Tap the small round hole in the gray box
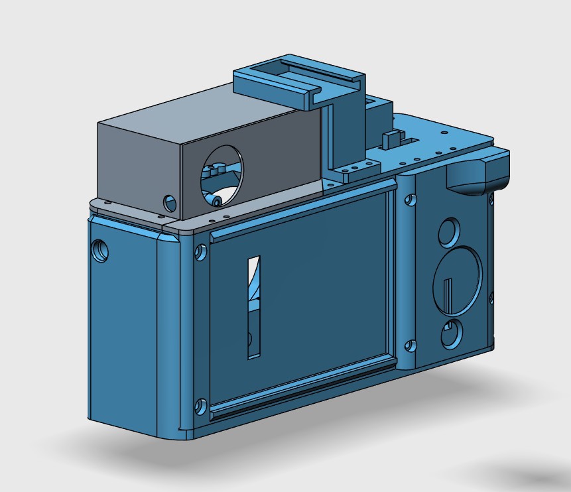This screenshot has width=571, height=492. (x=170, y=201)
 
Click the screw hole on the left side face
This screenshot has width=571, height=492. (x=101, y=250)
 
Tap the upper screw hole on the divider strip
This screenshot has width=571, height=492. (x=411, y=199)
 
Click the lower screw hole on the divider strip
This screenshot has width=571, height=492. (x=411, y=345)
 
